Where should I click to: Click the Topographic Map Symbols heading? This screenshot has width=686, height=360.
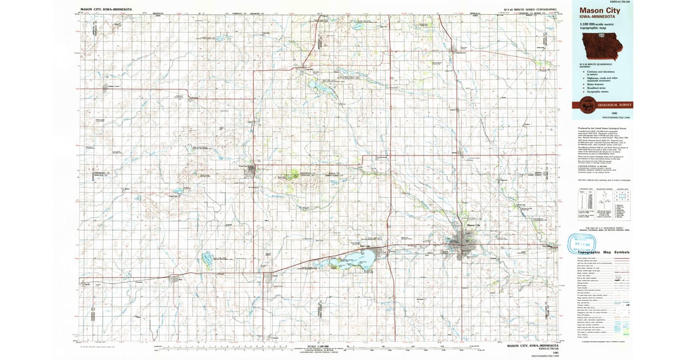click(604, 252)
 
